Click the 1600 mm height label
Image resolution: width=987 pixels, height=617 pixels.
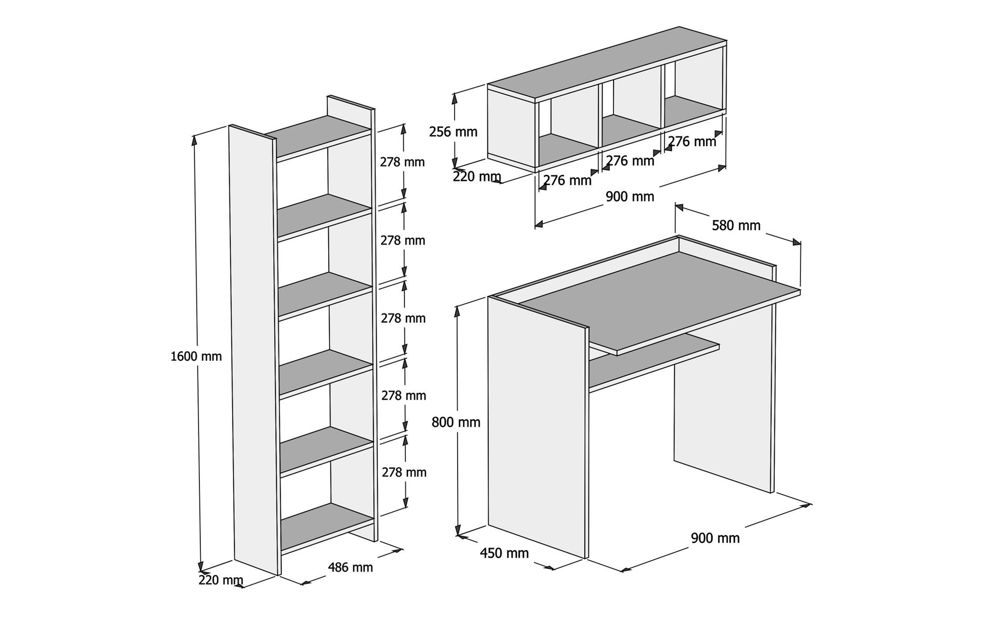tap(196, 356)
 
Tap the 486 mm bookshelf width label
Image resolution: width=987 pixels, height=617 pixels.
tap(350, 567)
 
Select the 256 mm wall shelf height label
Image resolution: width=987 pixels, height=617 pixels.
tap(453, 132)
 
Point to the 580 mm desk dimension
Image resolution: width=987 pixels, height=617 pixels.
tap(736, 225)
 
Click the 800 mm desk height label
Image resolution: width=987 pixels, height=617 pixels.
tap(456, 422)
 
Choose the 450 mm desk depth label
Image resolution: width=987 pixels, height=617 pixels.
tap(504, 553)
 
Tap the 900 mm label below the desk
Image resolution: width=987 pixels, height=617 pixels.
tap(715, 538)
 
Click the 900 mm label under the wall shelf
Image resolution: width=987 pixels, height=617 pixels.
tap(630, 197)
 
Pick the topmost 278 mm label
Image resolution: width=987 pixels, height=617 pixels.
tap(402, 162)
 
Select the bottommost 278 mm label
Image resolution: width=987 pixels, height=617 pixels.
tap(404, 472)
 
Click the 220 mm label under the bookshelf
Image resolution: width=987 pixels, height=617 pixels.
tap(221, 580)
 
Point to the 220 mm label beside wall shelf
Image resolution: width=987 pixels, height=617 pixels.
tap(477, 176)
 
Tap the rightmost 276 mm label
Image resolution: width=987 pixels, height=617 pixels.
tap(692, 141)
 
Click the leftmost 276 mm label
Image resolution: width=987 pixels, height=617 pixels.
tap(567, 180)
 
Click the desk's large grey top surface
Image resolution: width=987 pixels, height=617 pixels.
tap(658, 300)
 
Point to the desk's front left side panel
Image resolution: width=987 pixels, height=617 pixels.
tap(537, 428)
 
